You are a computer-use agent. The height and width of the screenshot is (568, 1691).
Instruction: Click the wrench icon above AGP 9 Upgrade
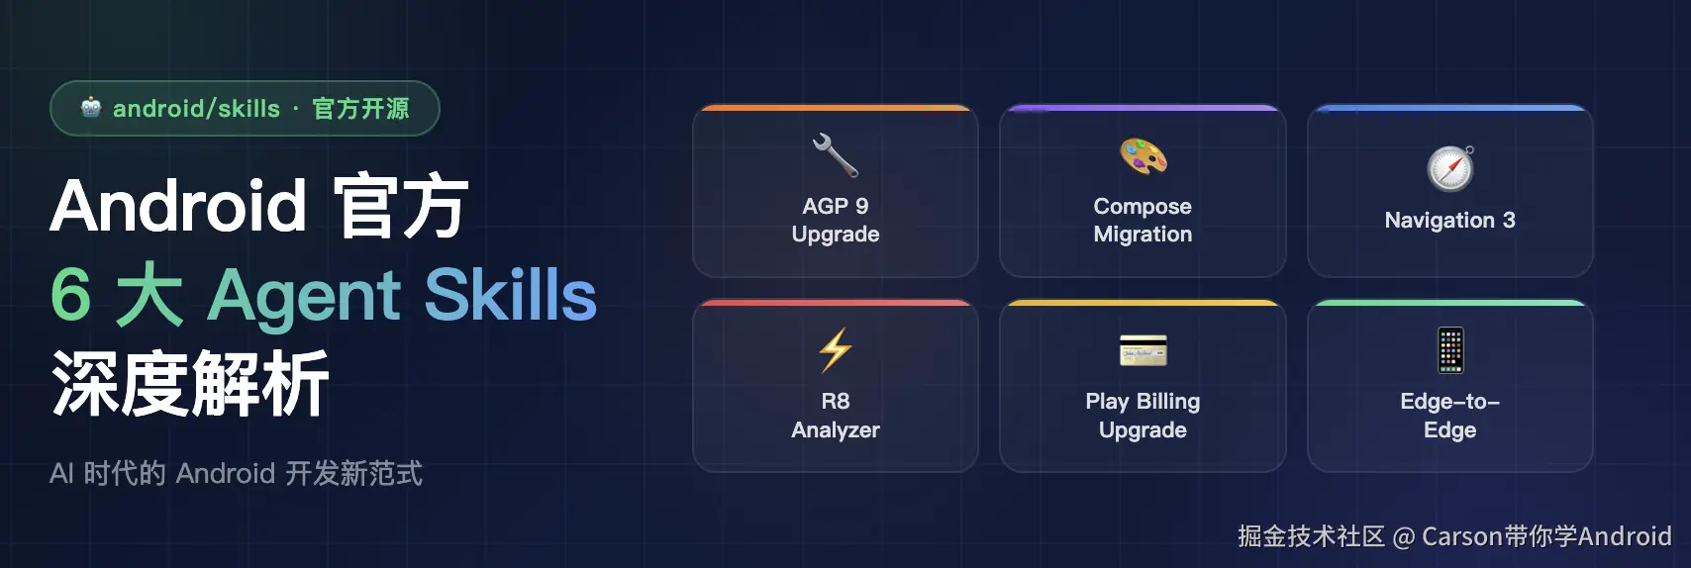pos(835,155)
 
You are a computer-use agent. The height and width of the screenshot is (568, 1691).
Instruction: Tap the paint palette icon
pos(1143,156)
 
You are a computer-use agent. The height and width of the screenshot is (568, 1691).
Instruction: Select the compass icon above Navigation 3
pos(1450,168)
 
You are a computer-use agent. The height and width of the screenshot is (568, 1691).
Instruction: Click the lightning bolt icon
pos(835,350)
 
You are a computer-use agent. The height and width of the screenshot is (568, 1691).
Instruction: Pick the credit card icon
pos(1143,350)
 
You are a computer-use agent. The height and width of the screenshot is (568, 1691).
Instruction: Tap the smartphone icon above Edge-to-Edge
pos(1450,350)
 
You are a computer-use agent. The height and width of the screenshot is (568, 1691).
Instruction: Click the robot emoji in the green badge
pos(91,108)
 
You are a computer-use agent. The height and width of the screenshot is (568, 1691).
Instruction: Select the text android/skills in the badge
pos(196,109)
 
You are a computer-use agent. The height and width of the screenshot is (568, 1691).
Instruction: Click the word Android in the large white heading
pos(178,205)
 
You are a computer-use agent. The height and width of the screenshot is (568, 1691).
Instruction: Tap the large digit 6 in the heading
pos(71,294)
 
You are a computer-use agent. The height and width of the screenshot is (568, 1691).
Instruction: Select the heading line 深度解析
pos(189,382)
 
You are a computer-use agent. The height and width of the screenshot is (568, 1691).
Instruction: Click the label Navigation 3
pos(1450,220)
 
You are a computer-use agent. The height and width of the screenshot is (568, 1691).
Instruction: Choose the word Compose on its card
pos(1143,206)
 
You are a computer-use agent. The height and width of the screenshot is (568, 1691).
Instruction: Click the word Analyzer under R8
pos(835,430)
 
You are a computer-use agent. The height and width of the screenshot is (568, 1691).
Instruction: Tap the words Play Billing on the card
pos(1143,402)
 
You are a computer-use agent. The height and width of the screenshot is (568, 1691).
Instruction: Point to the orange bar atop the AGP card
pos(835,108)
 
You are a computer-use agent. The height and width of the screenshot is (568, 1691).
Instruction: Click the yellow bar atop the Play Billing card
pos(1143,303)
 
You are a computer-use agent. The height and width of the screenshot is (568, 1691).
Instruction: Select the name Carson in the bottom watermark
pos(1461,536)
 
